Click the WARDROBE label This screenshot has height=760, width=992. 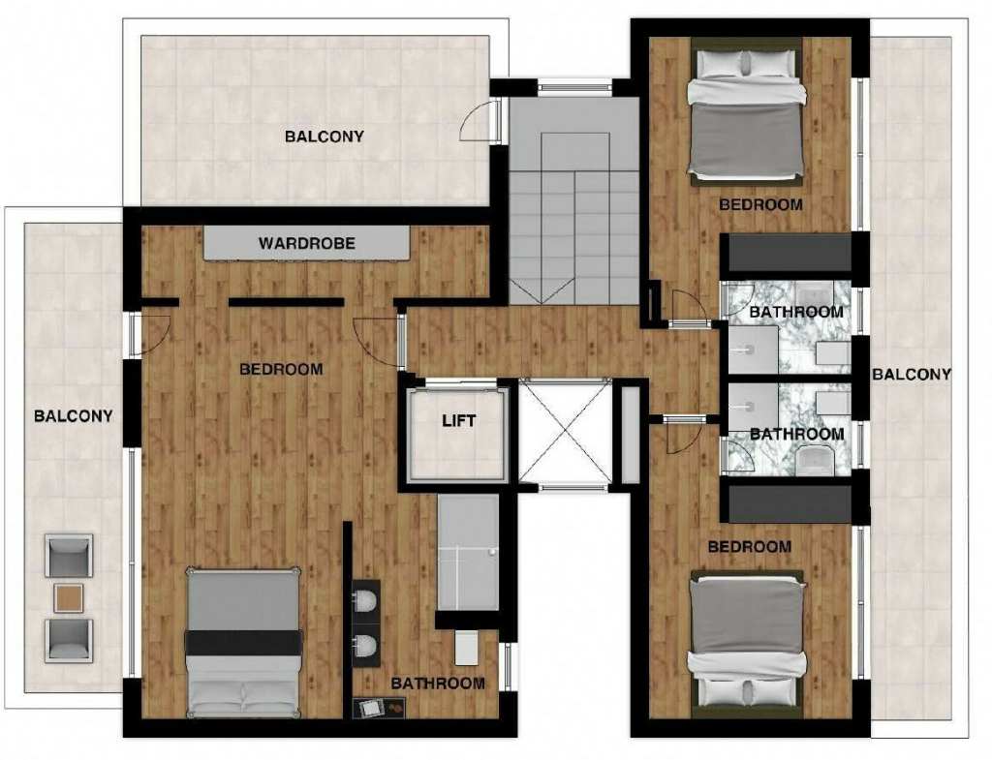(x=307, y=243)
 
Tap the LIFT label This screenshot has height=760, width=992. (x=458, y=420)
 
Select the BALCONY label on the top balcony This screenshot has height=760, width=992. (x=324, y=137)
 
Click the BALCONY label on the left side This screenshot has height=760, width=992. (x=74, y=416)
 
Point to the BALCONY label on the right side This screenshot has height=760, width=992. (x=911, y=375)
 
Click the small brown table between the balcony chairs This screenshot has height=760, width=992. (x=69, y=597)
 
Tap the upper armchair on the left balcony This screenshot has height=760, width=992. (x=69, y=556)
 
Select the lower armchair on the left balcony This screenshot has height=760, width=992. (x=69, y=640)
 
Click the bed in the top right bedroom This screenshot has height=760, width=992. (x=747, y=110)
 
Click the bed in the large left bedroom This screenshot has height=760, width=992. (x=243, y=642)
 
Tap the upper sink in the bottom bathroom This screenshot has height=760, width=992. (x=366, y=600)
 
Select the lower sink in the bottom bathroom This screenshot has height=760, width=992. (x=366, y=646)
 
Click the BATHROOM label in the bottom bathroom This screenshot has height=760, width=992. (x=438, y=684)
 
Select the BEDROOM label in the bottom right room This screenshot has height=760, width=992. (x=749, y=547)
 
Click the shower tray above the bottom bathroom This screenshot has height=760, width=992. (x=468, y=552)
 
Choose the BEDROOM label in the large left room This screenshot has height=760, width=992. (x=281, y=369)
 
